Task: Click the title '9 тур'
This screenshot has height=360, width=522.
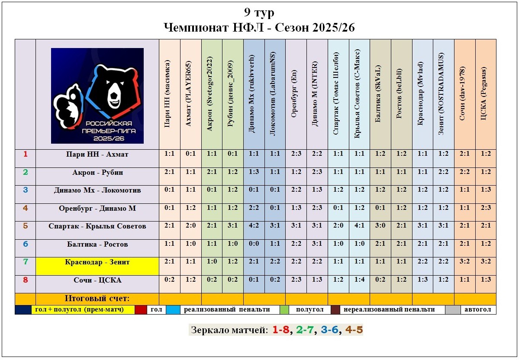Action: [259, 13]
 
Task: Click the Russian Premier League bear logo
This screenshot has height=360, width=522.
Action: [97, 96]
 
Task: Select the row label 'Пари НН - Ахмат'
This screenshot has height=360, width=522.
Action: [97, 154]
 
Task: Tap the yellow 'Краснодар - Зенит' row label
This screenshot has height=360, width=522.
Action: [97, 262]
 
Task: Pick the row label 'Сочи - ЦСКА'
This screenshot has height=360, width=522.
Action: [97, 280]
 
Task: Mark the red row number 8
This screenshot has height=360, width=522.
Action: [26, 280]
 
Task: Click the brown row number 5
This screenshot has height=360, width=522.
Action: [26, 226]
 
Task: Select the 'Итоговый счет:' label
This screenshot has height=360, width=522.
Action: [97, 299]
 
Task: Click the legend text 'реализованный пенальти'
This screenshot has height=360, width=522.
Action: [227, 310]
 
